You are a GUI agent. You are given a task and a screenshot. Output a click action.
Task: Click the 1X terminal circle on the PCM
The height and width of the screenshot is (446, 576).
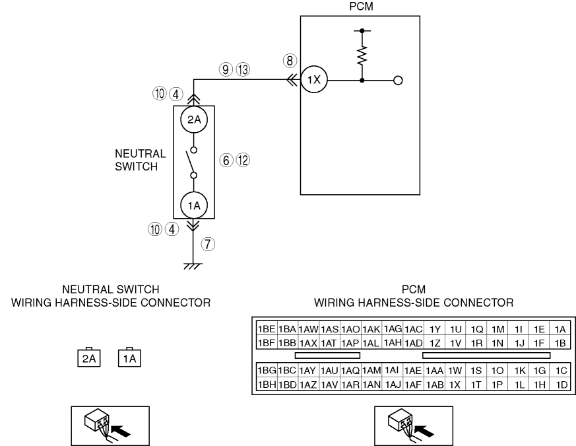pos(314,80)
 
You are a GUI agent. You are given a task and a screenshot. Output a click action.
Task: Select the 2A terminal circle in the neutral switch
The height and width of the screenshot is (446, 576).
pos(194,120)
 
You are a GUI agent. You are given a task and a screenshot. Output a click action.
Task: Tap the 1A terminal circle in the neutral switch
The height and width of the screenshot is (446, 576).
pos(194,205)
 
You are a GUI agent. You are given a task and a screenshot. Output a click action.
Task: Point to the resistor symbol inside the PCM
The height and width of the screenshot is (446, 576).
pos(362,56)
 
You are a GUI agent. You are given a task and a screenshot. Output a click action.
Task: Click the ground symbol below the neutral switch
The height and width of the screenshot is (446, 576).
pos(193,266)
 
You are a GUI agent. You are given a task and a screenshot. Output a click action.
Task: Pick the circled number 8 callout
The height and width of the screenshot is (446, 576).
pos(290,61)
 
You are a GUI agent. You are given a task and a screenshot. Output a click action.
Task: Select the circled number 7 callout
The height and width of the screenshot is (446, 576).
pos(208,244)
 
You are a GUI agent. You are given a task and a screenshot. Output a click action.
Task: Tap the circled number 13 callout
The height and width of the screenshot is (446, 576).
pos(243,69)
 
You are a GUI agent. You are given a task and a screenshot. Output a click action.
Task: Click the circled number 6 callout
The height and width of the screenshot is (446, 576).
pos(226,160)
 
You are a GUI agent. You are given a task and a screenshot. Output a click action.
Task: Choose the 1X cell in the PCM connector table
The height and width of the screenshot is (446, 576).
pos(455,385)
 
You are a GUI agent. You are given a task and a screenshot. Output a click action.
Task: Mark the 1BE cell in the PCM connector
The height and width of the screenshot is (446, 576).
pos(267,329)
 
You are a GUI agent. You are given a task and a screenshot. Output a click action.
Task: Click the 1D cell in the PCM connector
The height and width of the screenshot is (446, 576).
pos(561,385)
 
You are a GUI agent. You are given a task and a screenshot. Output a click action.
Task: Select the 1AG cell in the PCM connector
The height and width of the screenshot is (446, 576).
pos(393,328)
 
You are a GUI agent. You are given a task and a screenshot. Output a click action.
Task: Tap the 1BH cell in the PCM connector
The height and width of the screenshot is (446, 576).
pos(267,385)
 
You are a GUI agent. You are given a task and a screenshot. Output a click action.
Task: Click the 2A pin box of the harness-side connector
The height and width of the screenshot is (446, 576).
pos(89,358)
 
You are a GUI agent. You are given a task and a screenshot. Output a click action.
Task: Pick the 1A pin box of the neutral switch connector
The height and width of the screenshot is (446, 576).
pos(129,358)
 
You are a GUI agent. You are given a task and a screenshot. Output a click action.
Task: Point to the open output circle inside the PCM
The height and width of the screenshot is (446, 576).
pos(398,80)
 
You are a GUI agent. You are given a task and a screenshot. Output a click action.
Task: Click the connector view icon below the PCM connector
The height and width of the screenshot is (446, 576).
pos(414,426)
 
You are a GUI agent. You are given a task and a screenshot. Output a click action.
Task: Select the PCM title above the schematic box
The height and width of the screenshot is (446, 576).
pos(361,7)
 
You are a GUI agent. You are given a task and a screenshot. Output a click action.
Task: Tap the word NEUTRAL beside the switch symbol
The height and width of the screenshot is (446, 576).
pos(141,153)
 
